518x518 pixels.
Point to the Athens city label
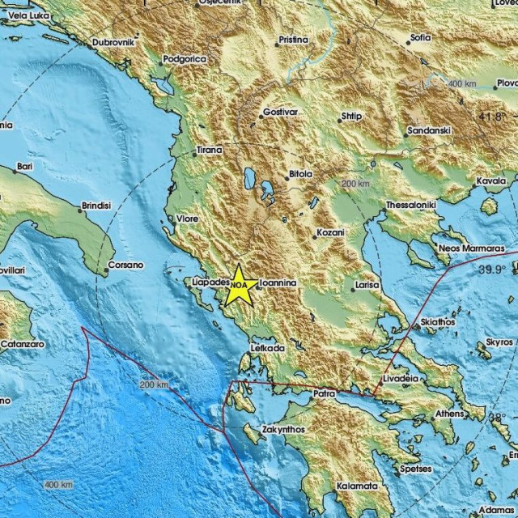click(450, 414)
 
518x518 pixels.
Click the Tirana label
click(210, 151)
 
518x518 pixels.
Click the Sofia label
click(420, 37)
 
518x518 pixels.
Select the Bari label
click(24, 168)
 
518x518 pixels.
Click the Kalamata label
click(357, 486)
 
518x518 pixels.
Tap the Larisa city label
click(367, 286)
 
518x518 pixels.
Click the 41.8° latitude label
click(491, 117)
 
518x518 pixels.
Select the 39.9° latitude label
click(492, 269)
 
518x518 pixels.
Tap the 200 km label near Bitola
click(355, 185)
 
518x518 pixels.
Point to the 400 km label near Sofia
click(462, 84)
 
